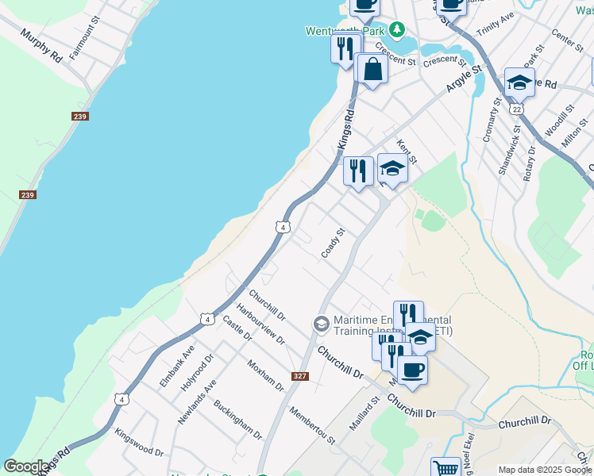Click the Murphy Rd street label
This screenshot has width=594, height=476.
43,46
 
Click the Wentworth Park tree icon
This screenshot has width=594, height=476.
395,30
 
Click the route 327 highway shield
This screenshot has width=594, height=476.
299,376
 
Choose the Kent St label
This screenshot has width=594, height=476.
406,151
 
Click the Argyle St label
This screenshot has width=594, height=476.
464,80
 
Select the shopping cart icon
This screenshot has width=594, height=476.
445,469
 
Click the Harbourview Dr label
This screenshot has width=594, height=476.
260,324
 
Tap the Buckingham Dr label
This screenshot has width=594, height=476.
237,420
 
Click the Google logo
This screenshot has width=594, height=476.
25,466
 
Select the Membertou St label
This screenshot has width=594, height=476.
312,424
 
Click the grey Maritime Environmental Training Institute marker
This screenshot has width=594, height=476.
321,323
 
